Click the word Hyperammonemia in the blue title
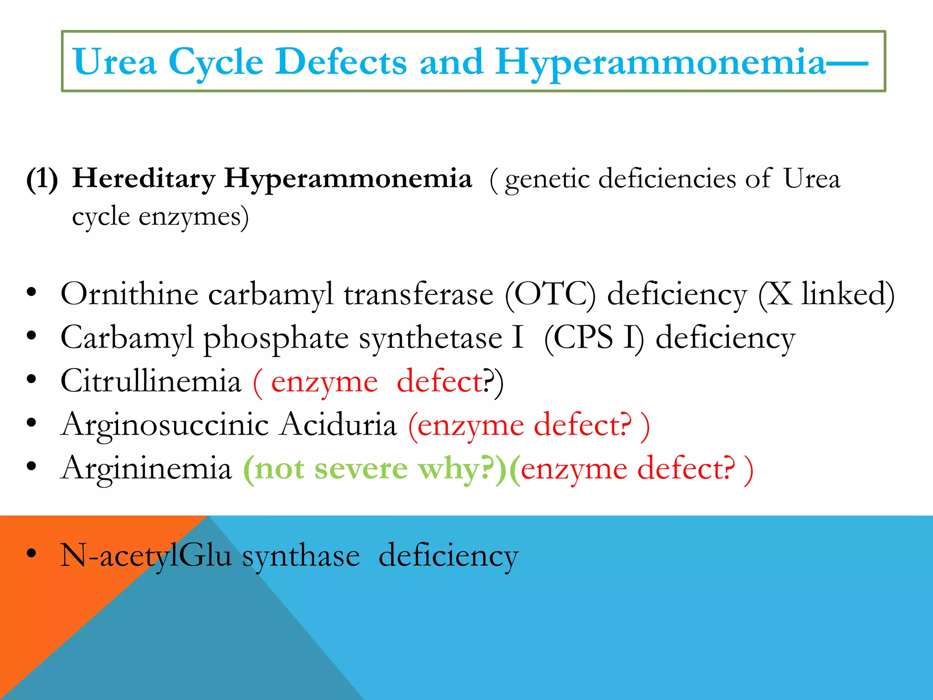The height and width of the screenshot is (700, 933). click(x=661, y=62)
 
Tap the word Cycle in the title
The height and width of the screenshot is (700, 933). click(x=216, y=62)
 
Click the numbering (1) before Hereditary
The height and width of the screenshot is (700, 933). click(x=42, y=178)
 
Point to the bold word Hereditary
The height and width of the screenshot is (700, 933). click(x=144, y=178)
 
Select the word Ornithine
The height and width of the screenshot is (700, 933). click(x=129, y=294)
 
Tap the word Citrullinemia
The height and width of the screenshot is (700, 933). click(x=151, y=381)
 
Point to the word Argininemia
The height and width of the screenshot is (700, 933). click(x=146, y=468)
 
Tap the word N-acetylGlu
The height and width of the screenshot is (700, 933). click(x=146, y=556)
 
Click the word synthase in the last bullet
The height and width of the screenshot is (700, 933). click(x=301, y=556)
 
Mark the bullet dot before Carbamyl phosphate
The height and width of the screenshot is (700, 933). click(x=31, y=336)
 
